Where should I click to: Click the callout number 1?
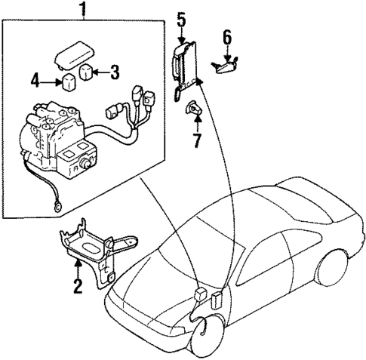(83, 10)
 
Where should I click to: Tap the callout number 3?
(115, 72)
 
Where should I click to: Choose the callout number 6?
(227, 36)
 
